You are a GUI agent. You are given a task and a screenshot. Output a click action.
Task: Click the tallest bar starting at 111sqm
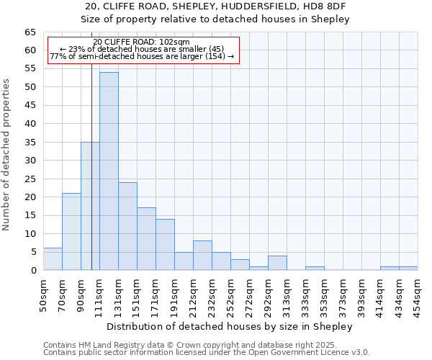click(x=109, y=171)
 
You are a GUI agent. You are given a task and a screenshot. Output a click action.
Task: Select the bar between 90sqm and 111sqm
click(x=90, y=206)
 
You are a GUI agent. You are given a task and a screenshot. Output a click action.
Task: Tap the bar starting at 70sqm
click(x=71, y=232)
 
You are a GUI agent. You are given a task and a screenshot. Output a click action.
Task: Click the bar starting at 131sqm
click(x=127, y=226)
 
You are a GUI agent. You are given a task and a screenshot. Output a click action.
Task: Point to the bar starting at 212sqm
click(x=202, y=256)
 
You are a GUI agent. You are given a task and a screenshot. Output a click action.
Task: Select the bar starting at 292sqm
click(x=277, y=263)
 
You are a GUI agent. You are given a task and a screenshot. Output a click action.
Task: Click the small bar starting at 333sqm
click(x=315, y=269)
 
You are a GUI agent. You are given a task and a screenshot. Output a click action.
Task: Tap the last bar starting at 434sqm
click(x=408, y=269)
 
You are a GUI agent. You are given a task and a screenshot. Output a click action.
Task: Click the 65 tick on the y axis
click(x=30, y=32)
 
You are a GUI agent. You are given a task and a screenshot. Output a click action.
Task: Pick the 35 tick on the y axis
click(x=30, y=143)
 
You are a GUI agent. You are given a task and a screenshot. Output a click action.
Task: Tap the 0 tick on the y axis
click(x=32, y=271)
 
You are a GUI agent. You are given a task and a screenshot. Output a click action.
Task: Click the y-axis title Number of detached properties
click(x=6, y=155)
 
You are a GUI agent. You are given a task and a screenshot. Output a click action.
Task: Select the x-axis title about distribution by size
click(x=230, y=326)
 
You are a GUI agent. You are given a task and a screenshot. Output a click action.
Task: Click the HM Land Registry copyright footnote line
click(x=205, y=345)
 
